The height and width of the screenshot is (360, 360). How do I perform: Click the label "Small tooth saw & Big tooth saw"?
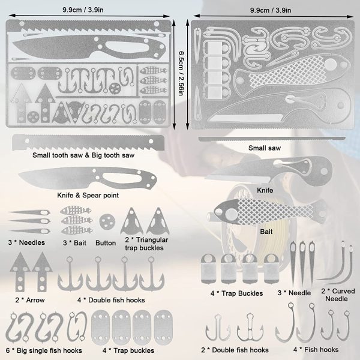pyautogui.click(x=83, y=155)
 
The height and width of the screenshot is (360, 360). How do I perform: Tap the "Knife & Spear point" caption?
pyautogui.click(x=88, y=196)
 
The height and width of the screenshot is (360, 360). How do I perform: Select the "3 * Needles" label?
pyautogui.click(x=26, y=242)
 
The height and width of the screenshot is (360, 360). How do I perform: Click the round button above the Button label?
pyautogui.click(x=107, y=221)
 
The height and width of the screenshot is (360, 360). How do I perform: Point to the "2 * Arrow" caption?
pyautogui.click(x=30, y=300)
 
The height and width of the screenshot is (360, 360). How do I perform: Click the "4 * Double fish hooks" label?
pyautogui.click(x=111, y=300)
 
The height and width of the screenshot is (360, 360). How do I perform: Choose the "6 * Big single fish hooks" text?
pyautogui.click(x=44, y=350)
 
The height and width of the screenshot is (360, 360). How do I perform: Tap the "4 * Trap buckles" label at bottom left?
pyautogui.click(x=128, y=350)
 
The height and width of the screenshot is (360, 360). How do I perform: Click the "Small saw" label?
pyautogui.click(x=265, y=148)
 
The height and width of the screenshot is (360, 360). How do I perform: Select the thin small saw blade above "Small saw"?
pyautogui.click(x=272, y=139)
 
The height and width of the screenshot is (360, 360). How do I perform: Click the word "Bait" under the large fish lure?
pyautogui.click(x=266, y=232)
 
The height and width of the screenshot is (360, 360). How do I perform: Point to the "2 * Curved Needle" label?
pyautogui.click(x=338, y=295)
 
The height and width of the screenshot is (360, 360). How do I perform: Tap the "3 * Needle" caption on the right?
pyautogui.click(x=294, y=293)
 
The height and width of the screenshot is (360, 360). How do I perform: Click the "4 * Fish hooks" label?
pyautogui.click(x=316, y=350)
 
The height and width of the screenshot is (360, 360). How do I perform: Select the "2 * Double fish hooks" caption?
pyautogui.click(x=235, y=350)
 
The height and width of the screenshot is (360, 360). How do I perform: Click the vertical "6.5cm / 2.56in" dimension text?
pyautogui.click(x=181, y=73)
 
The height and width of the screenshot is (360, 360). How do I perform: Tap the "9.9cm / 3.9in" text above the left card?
pyautogui.click(x=83, y=10)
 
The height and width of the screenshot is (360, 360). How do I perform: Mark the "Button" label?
pyautogui.click(x=106, y=243)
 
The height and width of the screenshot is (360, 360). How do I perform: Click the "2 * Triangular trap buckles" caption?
pyautogui.click(x=146, y=244)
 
